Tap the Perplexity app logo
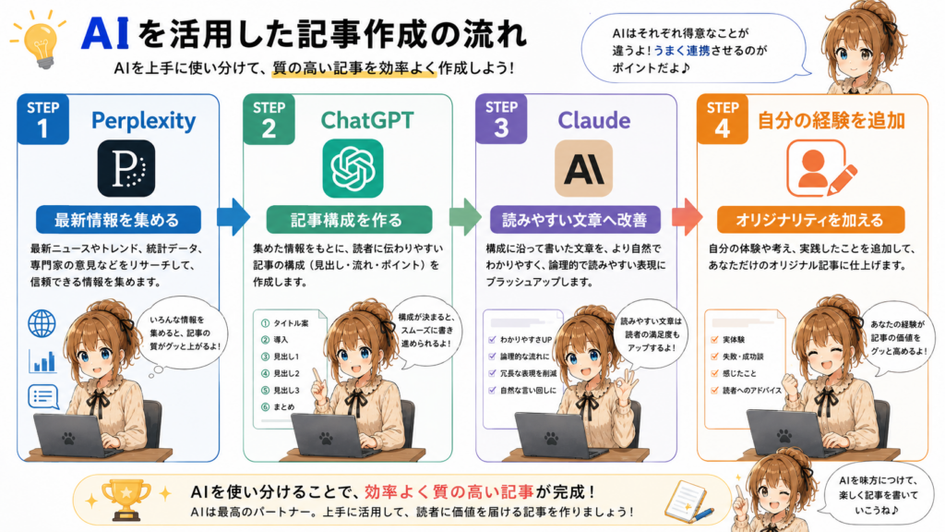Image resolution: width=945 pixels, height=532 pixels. [126, 168]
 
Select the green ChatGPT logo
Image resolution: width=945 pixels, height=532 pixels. [353, 168]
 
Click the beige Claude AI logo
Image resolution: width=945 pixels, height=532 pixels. [583, 168]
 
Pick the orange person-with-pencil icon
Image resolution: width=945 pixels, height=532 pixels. [820, 168]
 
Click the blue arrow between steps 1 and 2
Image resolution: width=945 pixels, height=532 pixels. [233, 216]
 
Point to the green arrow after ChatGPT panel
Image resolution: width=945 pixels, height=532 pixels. [465, 216]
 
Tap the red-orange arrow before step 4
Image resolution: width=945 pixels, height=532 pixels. [687, 216]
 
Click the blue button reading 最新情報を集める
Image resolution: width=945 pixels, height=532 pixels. [118, 220]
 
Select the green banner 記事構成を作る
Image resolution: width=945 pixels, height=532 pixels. [349, 220]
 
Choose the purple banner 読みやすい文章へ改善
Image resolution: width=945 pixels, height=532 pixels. [575, 220]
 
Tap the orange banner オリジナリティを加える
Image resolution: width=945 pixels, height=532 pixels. [810, 220]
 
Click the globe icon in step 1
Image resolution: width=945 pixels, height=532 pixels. [42, 323]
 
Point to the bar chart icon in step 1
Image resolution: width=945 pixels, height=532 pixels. [42, 361]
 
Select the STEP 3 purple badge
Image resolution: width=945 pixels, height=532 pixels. [501, 119]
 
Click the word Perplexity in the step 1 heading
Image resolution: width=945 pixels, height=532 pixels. [143, 121]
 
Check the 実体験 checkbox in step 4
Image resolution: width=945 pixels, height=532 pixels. [715, 340]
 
